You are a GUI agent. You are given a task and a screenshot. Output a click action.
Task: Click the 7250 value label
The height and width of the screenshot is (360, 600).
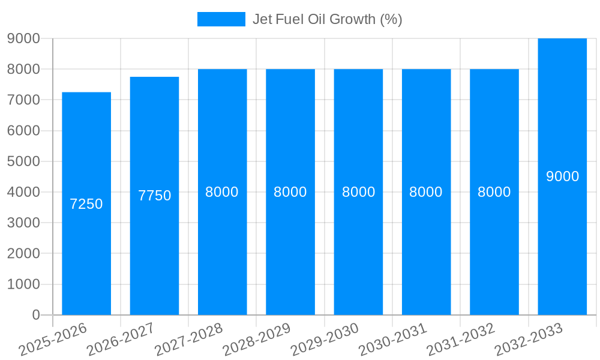(x=86, y=204)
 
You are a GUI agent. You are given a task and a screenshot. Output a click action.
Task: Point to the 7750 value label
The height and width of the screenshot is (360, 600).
(x=154, y=196)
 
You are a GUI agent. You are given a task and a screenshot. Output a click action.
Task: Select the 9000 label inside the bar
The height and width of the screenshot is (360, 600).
(x=562, y=176)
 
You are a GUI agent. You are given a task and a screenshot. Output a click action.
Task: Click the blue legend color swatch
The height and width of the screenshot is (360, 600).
(x=221, y=19)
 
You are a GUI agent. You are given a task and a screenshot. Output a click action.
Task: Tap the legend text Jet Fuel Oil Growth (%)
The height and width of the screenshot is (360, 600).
(x=327, y=19)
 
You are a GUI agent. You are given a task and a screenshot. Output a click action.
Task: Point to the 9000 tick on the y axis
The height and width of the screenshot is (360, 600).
(x=23, y=38)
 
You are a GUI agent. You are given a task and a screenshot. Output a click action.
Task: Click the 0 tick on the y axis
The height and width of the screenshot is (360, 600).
(x=36, y=315)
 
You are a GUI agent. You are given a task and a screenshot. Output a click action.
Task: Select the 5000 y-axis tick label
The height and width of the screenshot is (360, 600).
(x=23, y=161)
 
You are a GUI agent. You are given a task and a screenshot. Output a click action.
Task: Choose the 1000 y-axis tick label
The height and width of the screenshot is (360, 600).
(x=23, y=284)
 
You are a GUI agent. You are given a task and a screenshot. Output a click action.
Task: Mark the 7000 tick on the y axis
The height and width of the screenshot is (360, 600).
(x=23, y=100)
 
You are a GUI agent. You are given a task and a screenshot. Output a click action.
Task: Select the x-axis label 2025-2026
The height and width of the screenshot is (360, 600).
(x=53, y=338)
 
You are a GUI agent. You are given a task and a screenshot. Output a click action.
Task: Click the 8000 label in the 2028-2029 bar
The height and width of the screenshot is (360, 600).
(x=290, y=192)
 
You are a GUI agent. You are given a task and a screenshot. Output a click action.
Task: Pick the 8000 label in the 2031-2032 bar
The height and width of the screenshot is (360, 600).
(x=494, y=192)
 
